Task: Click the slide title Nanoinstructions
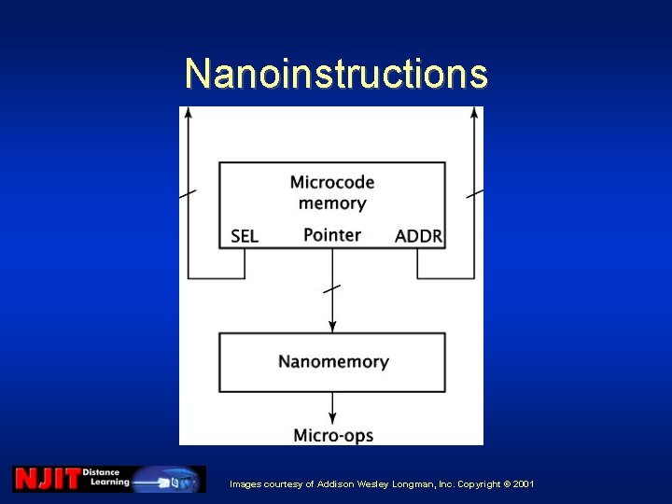[336, 73]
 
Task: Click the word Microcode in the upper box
[332, 182]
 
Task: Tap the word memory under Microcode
[332, 203]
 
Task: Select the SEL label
[245, 236]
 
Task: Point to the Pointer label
[332, 234]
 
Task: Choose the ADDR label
[418, 236]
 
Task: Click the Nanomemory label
[333, 361]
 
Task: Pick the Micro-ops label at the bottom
[333, 435]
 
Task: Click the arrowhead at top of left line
[189, 113]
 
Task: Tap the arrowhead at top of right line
[475, 113]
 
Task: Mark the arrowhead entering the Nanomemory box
[332, 326]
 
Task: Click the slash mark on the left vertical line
[188, 193]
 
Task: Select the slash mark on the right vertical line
[475, 193]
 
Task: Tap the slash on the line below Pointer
[332, 288]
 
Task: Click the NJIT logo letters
[47, 479]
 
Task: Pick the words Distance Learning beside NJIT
[105, 477]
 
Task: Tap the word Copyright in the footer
[470, 484]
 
